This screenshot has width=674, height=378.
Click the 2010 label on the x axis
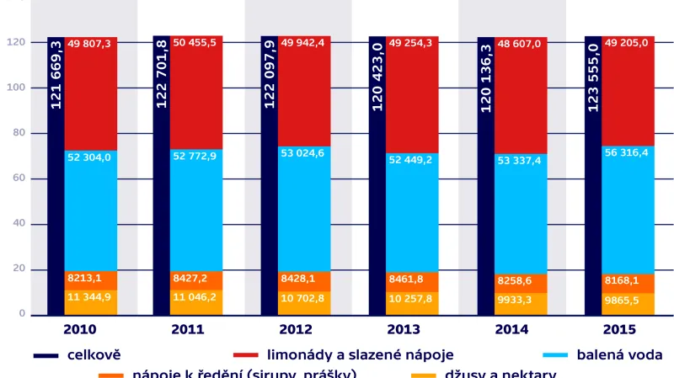79,329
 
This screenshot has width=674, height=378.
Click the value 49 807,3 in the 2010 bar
89,44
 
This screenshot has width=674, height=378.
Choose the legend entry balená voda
618,354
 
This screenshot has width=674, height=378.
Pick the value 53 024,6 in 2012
304,153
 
